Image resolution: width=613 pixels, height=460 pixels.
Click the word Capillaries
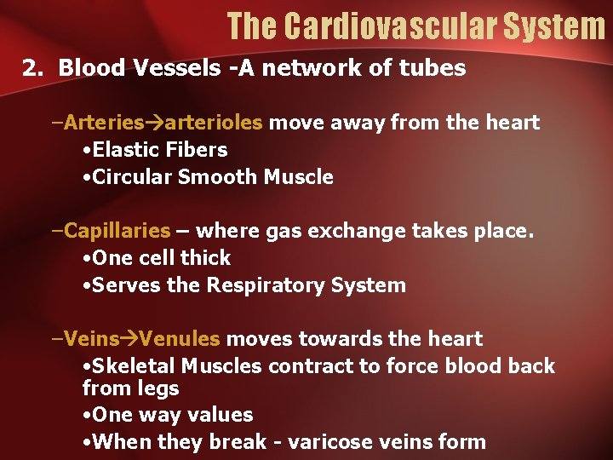click(x=117, y=231)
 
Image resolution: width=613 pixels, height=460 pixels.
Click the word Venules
click(x=180, y=339)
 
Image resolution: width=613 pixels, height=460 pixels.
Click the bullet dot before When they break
click(x=88, y=442)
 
